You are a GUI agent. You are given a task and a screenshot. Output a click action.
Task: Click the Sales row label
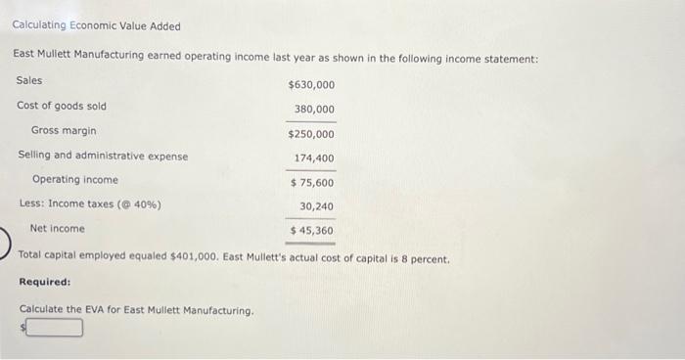30,80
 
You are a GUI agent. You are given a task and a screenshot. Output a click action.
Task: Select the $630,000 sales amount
311,85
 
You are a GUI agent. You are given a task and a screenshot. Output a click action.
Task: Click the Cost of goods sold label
62,106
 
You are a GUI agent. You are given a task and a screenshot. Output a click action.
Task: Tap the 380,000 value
314,110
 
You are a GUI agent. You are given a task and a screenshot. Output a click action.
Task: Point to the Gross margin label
64,130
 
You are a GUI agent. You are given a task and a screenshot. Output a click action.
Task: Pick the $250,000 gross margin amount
311,134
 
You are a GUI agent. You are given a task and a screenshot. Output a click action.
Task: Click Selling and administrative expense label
104,156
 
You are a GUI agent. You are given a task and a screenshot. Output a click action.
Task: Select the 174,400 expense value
314,158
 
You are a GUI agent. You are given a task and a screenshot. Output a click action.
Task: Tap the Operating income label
74,180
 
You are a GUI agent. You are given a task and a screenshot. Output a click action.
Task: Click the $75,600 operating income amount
312,183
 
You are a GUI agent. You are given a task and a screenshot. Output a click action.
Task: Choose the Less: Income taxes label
90,204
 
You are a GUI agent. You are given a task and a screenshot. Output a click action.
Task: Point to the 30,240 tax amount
317,206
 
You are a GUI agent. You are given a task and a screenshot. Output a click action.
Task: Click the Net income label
58,229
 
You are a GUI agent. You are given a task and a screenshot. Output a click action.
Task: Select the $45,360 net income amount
312,231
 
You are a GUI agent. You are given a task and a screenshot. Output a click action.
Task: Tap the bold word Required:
45,282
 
